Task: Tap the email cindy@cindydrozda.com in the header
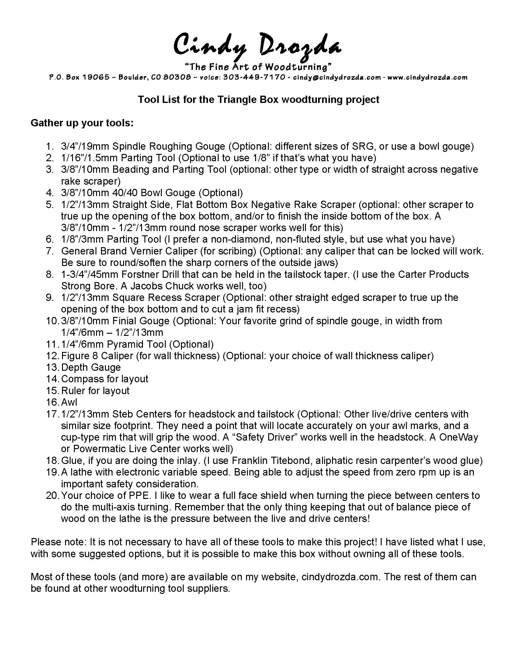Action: (337, 77)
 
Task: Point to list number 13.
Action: (52, 367)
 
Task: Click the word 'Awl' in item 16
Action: (69, 402)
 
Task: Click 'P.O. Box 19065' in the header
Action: (79, 77)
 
